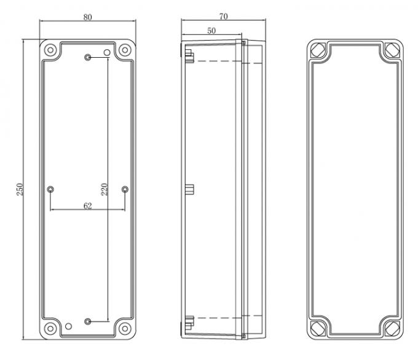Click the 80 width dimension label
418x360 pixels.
pyautogui.click(x=87, y=17)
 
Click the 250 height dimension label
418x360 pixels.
pyautogui.click(x=18, y=190)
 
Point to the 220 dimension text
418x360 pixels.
pyautogui.click(x=104, y=189)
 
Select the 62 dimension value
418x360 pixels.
pyautogui.click(x=87, y=206)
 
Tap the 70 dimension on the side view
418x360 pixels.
pyautogui.click(x=223, y=16)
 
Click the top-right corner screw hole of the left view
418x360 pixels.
pyautogui.click(x=125, y=49)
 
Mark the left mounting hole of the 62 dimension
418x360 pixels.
pyautogui.click(x=50, y=189)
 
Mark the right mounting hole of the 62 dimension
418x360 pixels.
pyautogui.click(x=125, y=189)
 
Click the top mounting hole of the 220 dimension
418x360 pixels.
pyautogui.click(x=89, y=57)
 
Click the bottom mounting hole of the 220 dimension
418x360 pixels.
pyautogui.click(x=89, y=321)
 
